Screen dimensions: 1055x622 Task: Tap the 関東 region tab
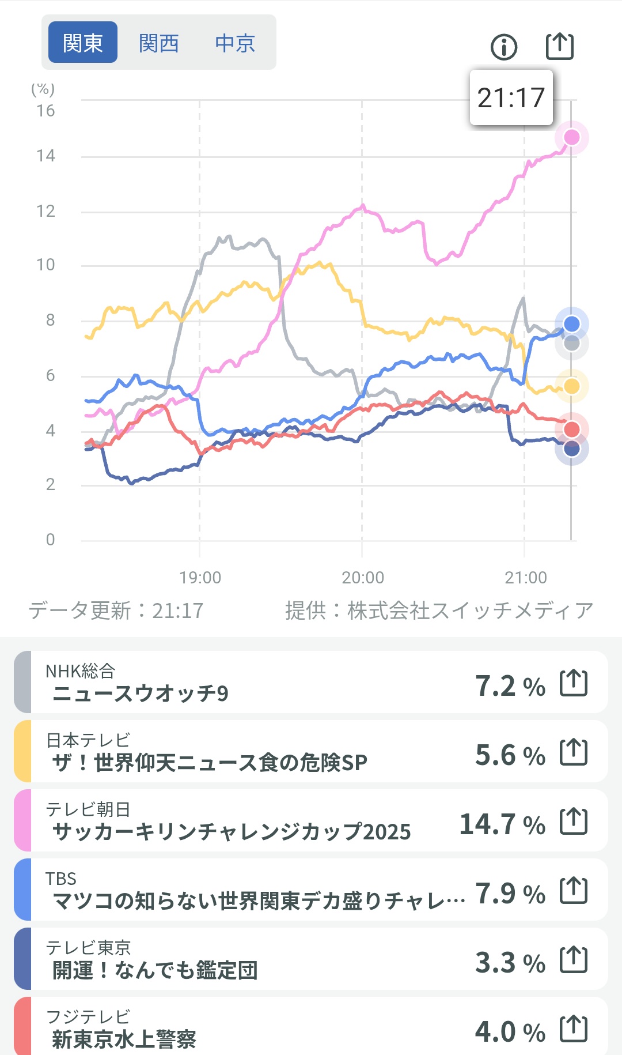coord(83,43)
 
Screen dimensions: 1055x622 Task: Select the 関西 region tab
coord(159,43)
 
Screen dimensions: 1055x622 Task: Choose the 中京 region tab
coord(235,43)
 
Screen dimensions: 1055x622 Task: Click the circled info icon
coord(504,47)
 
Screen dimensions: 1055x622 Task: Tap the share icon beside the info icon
coord(560,46)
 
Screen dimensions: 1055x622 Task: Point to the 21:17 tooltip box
coord(511,97)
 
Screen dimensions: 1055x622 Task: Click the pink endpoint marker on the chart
coord(571,137)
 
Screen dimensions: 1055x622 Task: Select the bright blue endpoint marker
coord(571,324)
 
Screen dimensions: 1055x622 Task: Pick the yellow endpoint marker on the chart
coord(571,386)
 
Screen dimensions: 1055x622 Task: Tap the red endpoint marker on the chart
coord(571,429)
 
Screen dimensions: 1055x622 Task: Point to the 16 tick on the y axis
coord(46,111)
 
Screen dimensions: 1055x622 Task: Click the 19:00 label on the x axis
coord(200,578)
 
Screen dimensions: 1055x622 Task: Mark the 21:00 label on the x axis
coord(525,578)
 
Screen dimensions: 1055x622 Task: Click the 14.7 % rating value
coord(502,824)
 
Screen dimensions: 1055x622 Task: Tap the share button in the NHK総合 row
coord(574,683)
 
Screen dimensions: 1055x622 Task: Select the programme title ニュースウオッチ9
coord(141,693)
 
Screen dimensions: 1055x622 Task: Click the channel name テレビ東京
coord(88,948)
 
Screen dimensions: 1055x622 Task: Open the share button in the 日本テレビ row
coord(574,752)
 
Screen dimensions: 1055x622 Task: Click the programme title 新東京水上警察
coord(124,1039)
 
